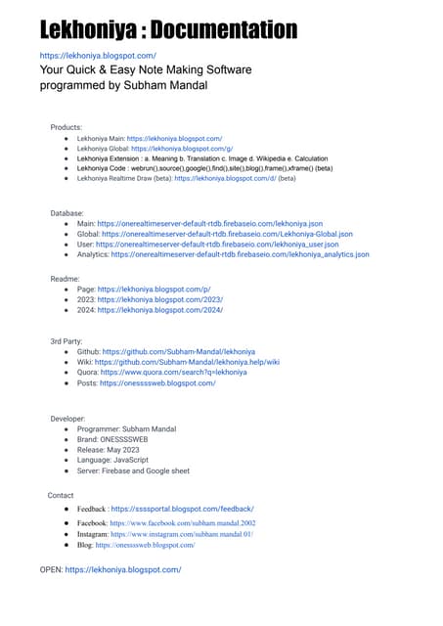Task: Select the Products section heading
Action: point(66,127)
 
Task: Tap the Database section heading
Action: point(67,212)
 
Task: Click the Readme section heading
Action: point(66,279)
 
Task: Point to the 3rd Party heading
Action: point(68,339)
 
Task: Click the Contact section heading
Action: point(61,495)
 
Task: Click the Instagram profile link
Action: point(182,534)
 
